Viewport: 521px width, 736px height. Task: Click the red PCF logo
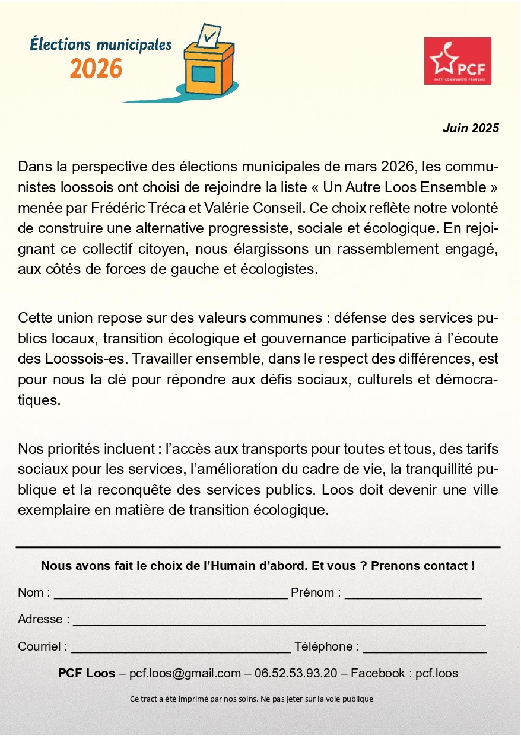pos(458,60)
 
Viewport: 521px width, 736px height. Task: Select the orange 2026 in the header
pos(96,68)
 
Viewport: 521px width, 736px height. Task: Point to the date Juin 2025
pos(471,128)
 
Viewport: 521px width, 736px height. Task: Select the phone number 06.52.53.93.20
pos(296,674)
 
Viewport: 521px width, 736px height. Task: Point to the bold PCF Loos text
pos(87,674)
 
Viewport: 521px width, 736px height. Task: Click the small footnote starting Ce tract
pos(252,699)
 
